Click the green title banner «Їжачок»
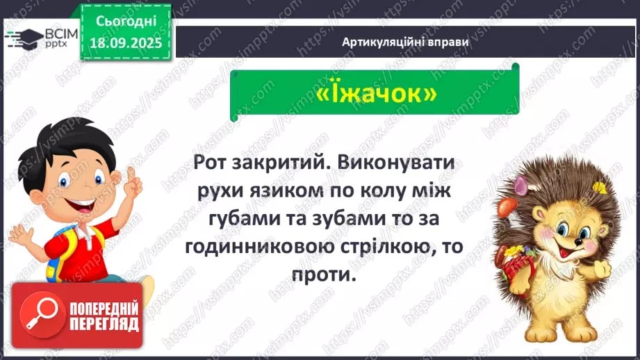[375, 93]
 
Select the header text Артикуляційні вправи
[405, 42]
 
